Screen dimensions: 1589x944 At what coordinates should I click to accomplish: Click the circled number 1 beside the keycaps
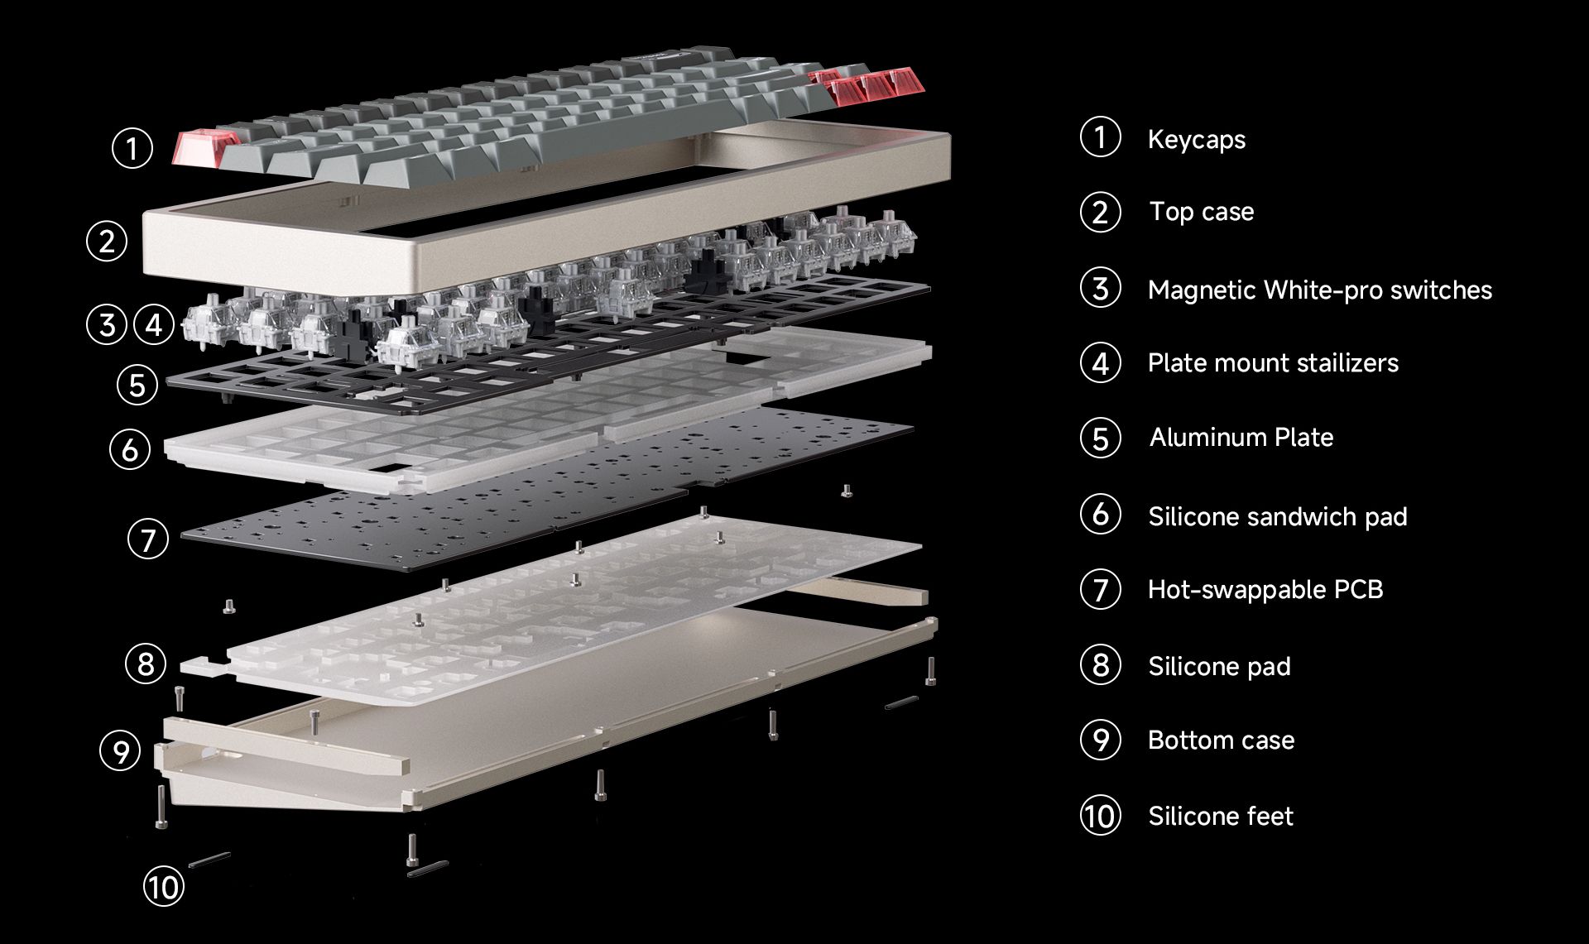[132, 148]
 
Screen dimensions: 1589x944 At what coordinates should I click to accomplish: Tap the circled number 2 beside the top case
[107, 242]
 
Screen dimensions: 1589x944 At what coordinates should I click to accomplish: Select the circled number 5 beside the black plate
[137, 385]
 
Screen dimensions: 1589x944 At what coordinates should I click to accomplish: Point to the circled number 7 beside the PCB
[148, 539]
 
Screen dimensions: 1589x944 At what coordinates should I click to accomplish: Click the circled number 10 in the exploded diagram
[163, 887]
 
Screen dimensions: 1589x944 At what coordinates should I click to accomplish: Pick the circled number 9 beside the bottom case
[121, 750]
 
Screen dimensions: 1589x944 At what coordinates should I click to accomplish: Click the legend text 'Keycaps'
[1196, 140]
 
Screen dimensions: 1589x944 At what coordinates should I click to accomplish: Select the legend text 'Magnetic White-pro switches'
[1320, 290]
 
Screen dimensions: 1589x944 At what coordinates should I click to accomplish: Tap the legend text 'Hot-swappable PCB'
[1265, 589]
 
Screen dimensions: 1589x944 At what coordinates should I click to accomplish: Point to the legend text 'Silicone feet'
[1221, 816]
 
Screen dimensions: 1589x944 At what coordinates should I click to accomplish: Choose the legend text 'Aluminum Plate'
[1241, 437]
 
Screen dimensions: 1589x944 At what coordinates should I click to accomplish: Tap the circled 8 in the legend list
[1101, 664]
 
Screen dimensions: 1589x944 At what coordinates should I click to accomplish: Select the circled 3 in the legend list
[1101, 288]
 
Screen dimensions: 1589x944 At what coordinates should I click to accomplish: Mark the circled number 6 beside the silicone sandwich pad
[130, 449]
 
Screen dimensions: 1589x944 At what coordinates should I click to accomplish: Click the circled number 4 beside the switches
[154, 324]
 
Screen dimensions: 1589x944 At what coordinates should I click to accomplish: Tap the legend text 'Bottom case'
[1221, 740]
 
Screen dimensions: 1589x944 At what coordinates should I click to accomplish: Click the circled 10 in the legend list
[1101, 816]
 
